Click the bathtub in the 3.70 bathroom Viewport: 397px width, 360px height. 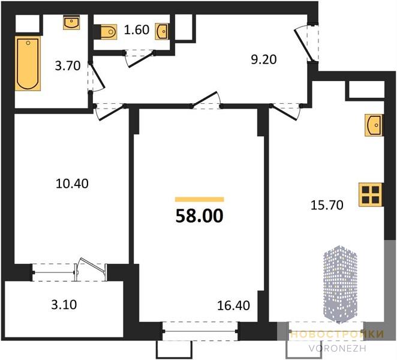pyautogui.click(x=28, y=64)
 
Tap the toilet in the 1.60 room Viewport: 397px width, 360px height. pyautogui.click(x=109, y=32)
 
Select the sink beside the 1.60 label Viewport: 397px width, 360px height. pyautogui.click(x=161, y=31)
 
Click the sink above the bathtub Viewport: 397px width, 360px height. pyautogui.click(x=71, y=23)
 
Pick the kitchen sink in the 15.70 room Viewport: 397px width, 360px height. pyautogui.click(x=374, y=125)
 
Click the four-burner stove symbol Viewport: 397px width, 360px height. pyautogui.click(x=371, y=194)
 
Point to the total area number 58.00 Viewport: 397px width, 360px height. pyautogui.click(x=200, y=216)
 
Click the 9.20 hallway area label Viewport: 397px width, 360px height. pyautogui.click(x=264, y=60)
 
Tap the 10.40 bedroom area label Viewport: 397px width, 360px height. pyautogui.click(x=72, y=184)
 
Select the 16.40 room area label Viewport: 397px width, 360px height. pyautogui.click(x=234, y=305)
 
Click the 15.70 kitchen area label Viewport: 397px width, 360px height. pyautogui.click(x=327, y=205)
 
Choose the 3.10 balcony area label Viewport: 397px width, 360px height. pyautogui.click(x=64, y=305)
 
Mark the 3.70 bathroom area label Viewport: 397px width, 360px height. pyautogui.click(x=68, y=66)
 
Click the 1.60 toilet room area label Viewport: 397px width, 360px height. pyautogui.click(x=137, y=30)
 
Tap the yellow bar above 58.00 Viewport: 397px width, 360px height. pyautogui.click(x=200, y=199)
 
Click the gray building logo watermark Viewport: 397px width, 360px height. pyautogui.click(x=340, y=284)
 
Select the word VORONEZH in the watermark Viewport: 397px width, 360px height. pyautogui.click(x=338, y=349)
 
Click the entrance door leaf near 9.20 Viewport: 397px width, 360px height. pyautogui.click(x=304, y=46)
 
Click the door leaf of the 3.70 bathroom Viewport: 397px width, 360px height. pyautogui.click(x=98, y=76)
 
